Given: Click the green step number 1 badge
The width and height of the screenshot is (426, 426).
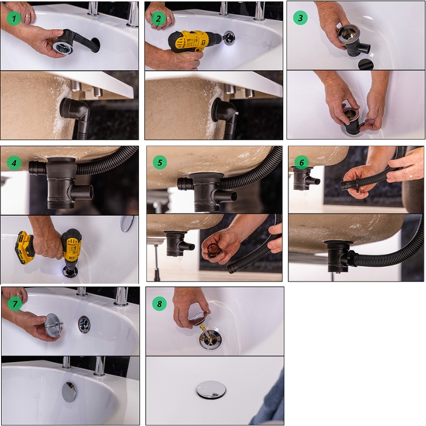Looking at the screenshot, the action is (14, 18).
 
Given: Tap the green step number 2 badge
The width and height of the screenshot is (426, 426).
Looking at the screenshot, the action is (158, 18).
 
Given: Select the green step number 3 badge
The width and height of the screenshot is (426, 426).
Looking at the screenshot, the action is (300, 18).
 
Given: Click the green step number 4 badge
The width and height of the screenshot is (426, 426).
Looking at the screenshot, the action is (14, 162).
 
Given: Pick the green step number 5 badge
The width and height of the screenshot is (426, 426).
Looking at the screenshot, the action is (160, 162).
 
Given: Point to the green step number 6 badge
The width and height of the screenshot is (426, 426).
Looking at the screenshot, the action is (301, 162).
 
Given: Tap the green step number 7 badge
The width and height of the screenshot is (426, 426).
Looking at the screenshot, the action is (15, 303).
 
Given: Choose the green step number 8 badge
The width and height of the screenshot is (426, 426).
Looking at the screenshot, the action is (159, 304).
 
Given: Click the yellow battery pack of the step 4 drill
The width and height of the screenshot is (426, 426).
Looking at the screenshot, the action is (24, 248).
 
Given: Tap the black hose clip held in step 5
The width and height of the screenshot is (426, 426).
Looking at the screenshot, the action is (215, 249).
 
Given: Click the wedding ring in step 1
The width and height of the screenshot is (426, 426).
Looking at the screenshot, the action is (28, 16).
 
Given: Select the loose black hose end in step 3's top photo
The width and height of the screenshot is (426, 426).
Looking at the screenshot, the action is (366, 64).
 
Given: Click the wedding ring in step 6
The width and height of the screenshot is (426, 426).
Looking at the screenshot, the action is (411, 176).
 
